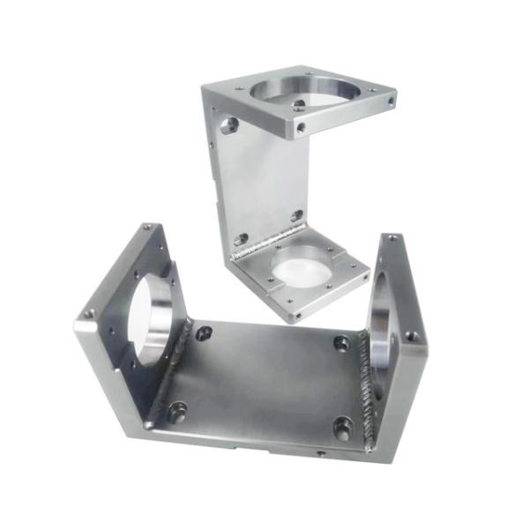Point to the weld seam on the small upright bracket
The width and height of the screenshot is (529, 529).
coord(264,239)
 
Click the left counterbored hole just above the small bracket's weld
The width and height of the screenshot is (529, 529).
coord(241,238)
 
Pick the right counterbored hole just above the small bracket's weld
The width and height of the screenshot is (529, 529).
coord(296,215)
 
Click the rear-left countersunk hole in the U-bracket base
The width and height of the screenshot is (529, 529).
coord(204,333)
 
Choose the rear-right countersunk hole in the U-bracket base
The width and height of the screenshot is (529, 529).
coord(340,343)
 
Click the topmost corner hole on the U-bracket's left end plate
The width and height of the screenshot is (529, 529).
coord(148,227)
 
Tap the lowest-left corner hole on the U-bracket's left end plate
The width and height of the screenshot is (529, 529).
coord(88,313)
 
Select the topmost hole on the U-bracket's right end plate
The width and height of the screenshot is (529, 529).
coord(391,238)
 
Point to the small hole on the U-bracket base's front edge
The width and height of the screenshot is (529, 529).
coord(320,453)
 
